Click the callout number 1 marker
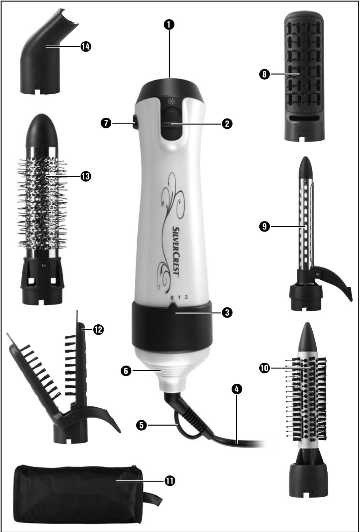pyautogui.click(x=170, y=24)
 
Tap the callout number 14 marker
pyautogui.click(x=85, y=46)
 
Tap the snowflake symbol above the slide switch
pyautogui.click(x=170, y=101)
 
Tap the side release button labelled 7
pyautogui.click(x=134, y=123)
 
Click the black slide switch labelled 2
pyautogui.click(x=170, y=124)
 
